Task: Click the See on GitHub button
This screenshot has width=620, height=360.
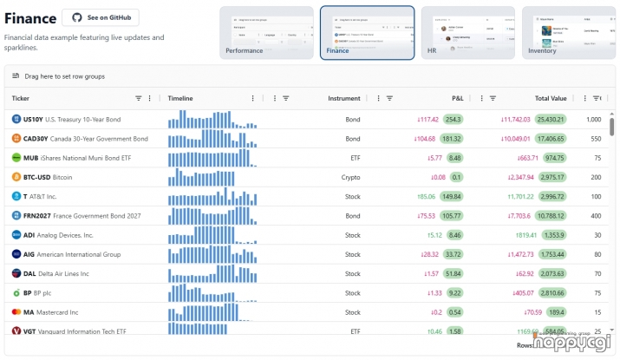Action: [x=101, y=17]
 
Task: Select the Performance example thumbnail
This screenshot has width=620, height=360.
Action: [x=266, y=32]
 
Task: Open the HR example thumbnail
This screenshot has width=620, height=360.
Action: [x=466, y=32]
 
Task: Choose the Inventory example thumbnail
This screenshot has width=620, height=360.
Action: [x=566, y=32]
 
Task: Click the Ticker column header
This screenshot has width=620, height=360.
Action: [x=21, y=98]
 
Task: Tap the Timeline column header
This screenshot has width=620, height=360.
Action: [x=180, y=98]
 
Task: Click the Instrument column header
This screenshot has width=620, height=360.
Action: [x=344, y=98]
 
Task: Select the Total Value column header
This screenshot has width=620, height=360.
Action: [x=550, y=98]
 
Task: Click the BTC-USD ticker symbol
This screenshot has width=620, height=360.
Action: [x=37, y=177]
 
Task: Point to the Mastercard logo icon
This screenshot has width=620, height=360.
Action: [x=16, y=312]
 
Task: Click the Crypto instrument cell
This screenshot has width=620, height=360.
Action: [x=350, y=177]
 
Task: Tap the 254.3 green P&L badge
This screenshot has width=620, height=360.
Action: [x=453, y=120]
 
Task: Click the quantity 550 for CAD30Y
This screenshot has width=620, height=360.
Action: [x=596, y=139]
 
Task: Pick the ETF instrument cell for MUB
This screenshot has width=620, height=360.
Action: [x=355, y=158]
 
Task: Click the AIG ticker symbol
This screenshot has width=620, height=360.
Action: [x=29, y=254]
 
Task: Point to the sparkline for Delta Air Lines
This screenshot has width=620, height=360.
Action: [x=212, y=273]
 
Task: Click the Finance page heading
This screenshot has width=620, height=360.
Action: [x=29, y=17]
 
